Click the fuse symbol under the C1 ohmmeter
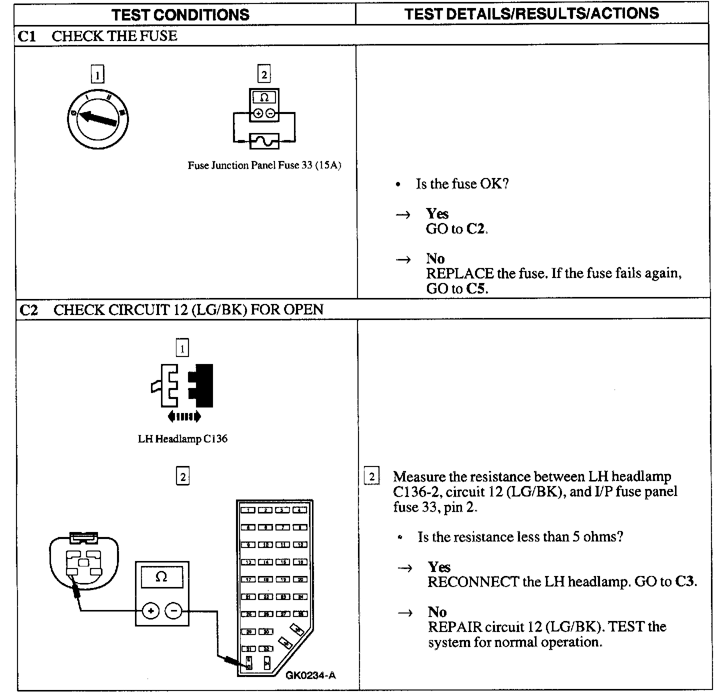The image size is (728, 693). point(264,142)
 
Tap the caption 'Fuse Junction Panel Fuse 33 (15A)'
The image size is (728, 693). point(264,165)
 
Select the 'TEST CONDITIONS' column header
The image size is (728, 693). point(180,14)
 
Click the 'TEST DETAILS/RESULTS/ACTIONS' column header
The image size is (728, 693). point(531,13)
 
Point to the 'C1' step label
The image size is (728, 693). point(27,36)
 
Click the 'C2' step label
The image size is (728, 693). point(28,310)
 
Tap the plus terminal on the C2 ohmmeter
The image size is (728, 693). point(150,610)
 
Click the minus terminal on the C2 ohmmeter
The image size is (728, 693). point(173,610)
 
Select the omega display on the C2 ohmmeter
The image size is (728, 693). point(161,576)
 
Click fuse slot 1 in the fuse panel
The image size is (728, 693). point(248,510)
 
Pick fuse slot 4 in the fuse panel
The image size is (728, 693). point(300,510)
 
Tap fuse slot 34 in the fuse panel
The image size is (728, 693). point(267,663)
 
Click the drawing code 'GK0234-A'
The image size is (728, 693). point(310,675)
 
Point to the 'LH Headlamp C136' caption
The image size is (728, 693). point(182,439)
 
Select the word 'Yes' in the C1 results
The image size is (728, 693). point(437,214)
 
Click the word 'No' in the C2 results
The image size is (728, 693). point(437,612)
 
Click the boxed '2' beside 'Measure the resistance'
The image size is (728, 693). point(371,476)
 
